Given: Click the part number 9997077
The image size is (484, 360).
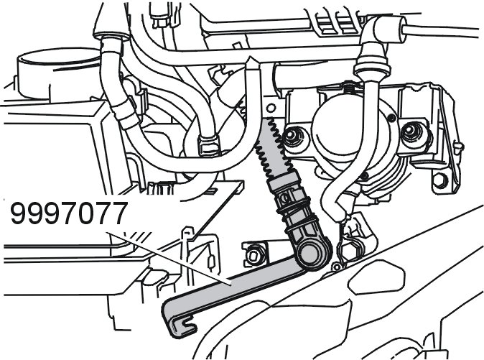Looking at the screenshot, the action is pyautogui.click(x=68, y=213).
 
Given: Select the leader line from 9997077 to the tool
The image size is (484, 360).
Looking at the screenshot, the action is pyautogui.click(x=168, y=258).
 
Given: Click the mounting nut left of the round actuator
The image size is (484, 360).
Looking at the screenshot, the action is pyautogui.click(x=291, y=136).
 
